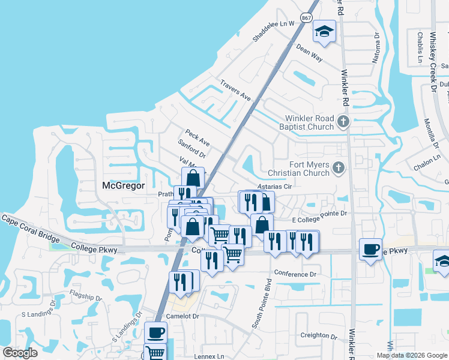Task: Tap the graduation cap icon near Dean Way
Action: tap(325, 32)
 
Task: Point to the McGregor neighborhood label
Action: tap(123, 185)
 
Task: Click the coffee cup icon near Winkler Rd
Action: tap(370, 248)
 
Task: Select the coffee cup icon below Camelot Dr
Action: tap(155, 332)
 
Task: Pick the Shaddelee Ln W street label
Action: tap(274, 30)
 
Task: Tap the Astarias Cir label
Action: tap(274, 187)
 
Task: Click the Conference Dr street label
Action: tap(295, 274)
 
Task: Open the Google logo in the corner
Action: tap(20, 353)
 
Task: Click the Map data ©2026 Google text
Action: tap(411, 355)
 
